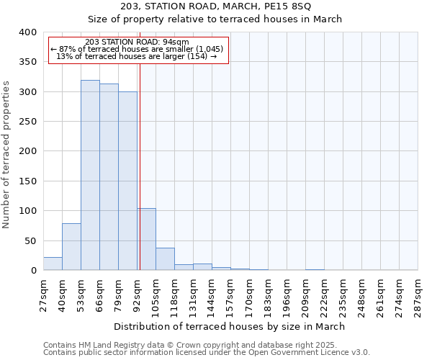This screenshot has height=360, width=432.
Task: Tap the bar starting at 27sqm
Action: point(53,264)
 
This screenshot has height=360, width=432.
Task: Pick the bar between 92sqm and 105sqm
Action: point(146,239)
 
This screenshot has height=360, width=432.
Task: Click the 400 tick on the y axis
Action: point(28,32)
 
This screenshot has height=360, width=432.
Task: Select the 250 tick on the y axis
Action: point(28,122)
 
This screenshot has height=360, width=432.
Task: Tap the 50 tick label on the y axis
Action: point(31,240)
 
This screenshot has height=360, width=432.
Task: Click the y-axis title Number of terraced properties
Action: point(6,155)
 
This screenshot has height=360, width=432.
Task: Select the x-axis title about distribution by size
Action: point(230,326)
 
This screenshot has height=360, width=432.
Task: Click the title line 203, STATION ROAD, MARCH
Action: point(216,6)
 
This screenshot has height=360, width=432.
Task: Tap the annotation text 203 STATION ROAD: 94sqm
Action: point(137,42)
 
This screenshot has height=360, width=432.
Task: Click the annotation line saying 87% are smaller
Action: point(137,49)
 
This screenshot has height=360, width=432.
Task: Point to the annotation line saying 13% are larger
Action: point(137,56)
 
